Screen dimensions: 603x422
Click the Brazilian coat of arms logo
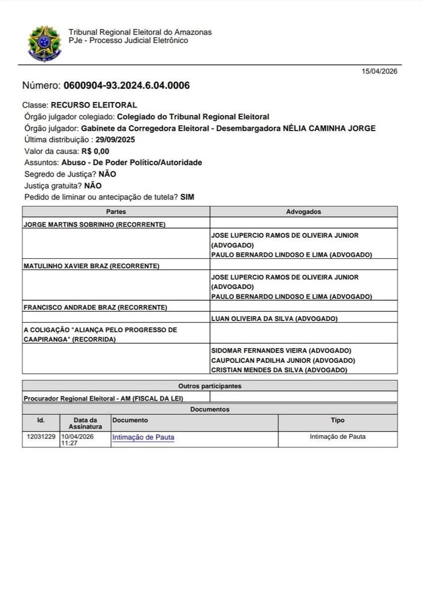[44, 43]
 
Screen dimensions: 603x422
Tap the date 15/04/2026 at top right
[379, 71]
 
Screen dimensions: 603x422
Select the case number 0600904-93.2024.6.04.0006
[127, 86]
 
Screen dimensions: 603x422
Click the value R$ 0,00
[96, 151]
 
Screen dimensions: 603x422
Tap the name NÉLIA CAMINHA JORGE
[329, 128]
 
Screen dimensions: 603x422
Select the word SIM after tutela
[187, 197]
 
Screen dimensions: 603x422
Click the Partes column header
[116, 212]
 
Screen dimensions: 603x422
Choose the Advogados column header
[303, 212]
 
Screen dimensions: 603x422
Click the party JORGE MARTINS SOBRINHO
[94, 224]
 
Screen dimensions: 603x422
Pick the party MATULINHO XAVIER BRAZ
[91, 266]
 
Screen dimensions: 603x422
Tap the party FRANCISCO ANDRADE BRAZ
[95, 308]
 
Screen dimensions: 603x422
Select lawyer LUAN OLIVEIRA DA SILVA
[274, 319]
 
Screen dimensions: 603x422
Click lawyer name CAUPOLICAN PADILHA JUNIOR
[283, 360]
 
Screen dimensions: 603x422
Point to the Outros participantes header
[210, 386]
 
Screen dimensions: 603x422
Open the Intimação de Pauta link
[143, 437]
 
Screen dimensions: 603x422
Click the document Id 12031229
[41, 437]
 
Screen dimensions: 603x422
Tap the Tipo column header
[337, 421]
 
